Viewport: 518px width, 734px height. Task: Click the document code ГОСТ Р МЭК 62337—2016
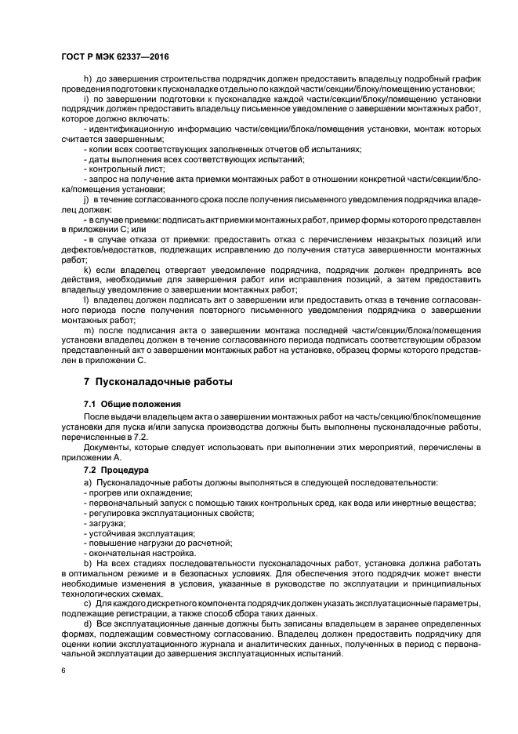pos(114,59)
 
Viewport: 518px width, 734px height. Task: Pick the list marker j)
pos(86,200)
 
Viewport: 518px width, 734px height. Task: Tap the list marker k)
pos(86,271)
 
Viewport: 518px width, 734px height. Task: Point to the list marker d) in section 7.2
pos(87,624)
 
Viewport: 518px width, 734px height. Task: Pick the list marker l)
pos(85,301)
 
